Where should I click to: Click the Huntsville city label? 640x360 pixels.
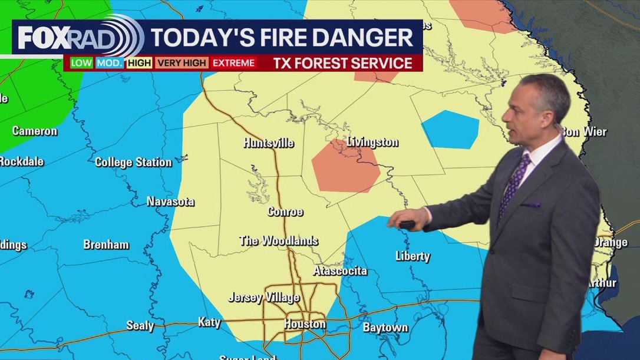(x=268, y=143)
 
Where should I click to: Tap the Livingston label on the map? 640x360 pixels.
(x=372, y=142)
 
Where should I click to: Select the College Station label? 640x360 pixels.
(x=133, y=162)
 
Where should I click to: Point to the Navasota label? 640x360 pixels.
(x=170, y=202)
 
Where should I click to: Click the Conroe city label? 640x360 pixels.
(x=285, y=212)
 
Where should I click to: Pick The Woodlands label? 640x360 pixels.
(x=279, y=240)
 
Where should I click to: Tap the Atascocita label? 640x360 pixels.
(x=340, y=271)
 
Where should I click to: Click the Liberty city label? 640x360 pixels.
(x=413, y=256)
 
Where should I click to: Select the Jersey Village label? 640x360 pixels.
(x=263, y=298)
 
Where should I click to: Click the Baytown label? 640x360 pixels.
(x=385, y=327)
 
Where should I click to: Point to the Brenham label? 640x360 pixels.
(x=106, y=245)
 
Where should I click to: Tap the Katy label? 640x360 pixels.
(x=209, y=322)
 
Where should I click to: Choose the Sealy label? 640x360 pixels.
(x=140, y=325)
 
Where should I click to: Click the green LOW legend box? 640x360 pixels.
(x=81, y=62)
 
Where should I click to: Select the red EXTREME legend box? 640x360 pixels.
(x=233, y=62)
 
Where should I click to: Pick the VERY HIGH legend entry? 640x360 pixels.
(x=182, y=62)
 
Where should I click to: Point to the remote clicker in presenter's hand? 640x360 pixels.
(x=406, y=224)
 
